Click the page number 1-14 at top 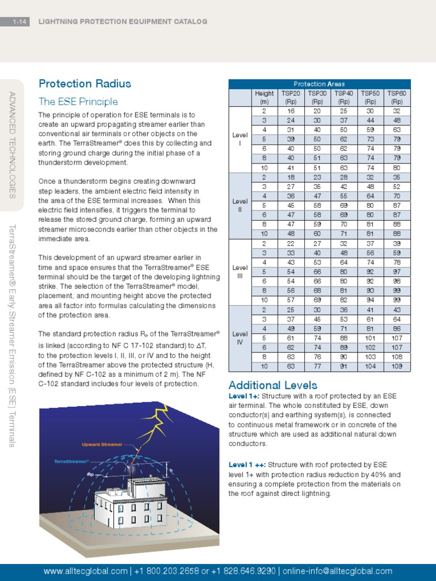click(20, 22)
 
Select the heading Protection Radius click(85, 84)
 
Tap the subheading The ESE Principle click(78, 102)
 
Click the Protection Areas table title click(319, 84)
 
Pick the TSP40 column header click(343, 97)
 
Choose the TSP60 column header click(397, 97)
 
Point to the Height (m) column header click(265, 97)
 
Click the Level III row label click(240, 272)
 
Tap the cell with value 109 click(397, 367)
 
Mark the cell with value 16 click(291, 111)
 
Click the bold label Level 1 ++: click(247, 465)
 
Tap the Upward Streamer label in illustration click(102, 444)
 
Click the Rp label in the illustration click(90, 474)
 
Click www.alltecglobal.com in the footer click(85, 571)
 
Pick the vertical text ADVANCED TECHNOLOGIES click(12, 145)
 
